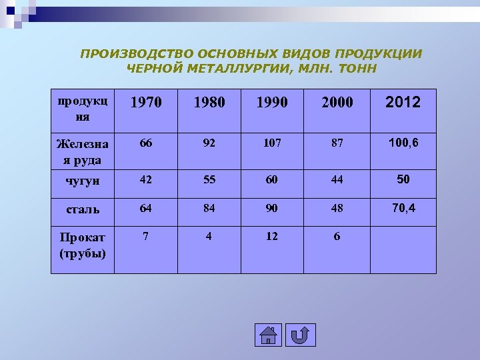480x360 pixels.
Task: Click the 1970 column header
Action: [x=146, y=103]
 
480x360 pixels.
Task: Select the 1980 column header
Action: [x=209, y=103]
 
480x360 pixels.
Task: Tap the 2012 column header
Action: [x=403, y=102]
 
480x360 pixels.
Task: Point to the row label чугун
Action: [x=83, y=181]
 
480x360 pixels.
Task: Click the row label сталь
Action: [x=83, y=209]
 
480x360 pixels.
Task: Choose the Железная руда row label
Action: [x=83, y=151]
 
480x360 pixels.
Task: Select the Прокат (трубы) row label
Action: [x=83, y=245]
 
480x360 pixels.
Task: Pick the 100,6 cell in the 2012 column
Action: [x=403, y=143]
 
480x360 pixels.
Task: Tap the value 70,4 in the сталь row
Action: [x=403, y=208]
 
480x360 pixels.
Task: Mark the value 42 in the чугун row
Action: [x=145, y=180]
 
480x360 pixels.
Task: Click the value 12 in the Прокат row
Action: [x=273, y=236]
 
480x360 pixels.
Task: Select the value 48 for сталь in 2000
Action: [x=337, y=208]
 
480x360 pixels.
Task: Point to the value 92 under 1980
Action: [x=209, y=143]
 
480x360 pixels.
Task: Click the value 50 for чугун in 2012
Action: [x=403, y=179]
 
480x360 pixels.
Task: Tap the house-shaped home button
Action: [x=268, y=335]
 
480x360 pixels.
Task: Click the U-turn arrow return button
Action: [x=300, y=335]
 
